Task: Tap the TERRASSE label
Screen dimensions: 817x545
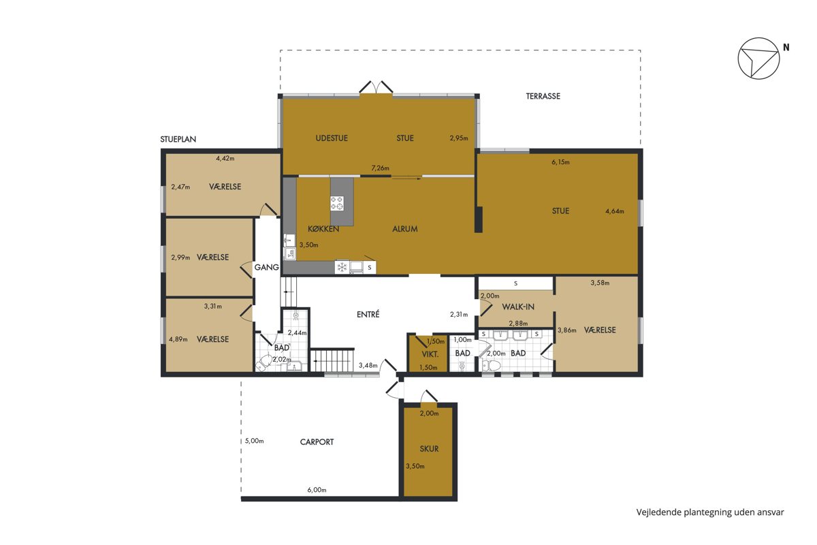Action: [x=543, y=96]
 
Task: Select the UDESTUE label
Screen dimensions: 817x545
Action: [x=332, y=138]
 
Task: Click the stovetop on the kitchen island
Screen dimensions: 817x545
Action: [x=336, y=203]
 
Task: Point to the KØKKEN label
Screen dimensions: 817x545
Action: [x=323, y=229]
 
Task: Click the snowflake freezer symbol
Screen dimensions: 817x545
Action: [x=342, y=268]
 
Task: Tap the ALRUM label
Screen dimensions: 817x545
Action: [x=405, y=229]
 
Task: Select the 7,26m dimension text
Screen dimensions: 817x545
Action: [x=380, y=168]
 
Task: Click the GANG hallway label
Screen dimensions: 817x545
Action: [x=267, y=268]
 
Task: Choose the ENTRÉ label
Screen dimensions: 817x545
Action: [x=368, y=314]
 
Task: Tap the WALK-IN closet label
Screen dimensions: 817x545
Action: [x=518, y=307]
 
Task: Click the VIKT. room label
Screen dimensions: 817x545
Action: [x=430, y=354]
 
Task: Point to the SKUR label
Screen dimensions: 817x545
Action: [x=429, y=449]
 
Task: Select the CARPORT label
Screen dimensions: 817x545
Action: [x=317, y=442]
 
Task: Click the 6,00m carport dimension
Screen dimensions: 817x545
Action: [x=317, y=490]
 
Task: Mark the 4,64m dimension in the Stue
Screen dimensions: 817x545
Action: [x=615, y=211]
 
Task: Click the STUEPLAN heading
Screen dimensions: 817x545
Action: [x=178, y=139]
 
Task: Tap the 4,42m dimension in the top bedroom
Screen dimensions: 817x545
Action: [x=225, y=159]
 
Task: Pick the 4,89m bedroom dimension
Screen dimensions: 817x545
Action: [x=178, y=339]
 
